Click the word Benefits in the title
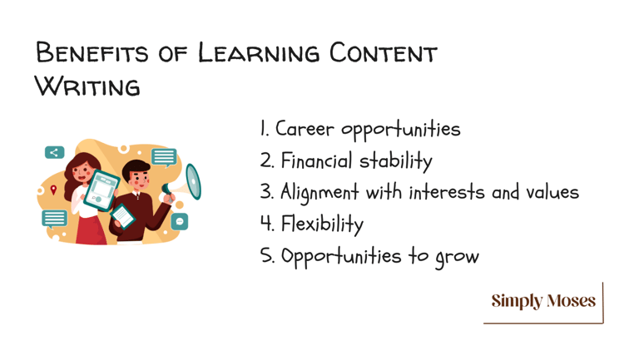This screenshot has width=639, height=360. click(x=92, y=53)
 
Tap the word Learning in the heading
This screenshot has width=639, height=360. click(x=259, y=53)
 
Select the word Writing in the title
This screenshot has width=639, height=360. click(x=87, y=86)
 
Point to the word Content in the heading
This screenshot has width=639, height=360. click(x=383, y=53)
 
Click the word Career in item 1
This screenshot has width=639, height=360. click(x=305, y=129)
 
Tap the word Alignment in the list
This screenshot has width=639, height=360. click(x=319, y=193)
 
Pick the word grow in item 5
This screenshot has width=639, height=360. click(x=458, y=258)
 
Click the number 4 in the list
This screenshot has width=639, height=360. click(x=266, y=223)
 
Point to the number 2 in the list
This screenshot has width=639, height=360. click(x=266, y=160)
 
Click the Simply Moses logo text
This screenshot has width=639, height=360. click(x=543, y=301)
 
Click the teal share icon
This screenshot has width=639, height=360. click(x=55, y=152)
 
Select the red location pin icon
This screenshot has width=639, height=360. click(x=53, y=190)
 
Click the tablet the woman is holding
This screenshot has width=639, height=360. click(x=101, y=190)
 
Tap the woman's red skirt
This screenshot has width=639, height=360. click(x=91, y=230)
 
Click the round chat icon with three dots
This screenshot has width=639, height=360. click(x=180, y=221)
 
